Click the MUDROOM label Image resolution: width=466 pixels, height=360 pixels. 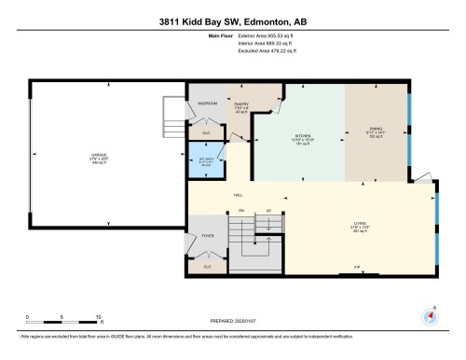(x=206, y=103)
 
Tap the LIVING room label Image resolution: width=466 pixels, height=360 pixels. (x=357, y=224)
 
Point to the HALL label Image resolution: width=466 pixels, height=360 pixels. (x=212, y=195)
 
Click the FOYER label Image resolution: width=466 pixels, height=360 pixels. (x=207, y=236)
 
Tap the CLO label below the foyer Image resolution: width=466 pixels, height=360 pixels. (x=207, y=267)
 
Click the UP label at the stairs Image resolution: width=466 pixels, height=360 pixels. (x=269, y=212)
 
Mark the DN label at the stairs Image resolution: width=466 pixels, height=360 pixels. (x=240, y=212)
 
